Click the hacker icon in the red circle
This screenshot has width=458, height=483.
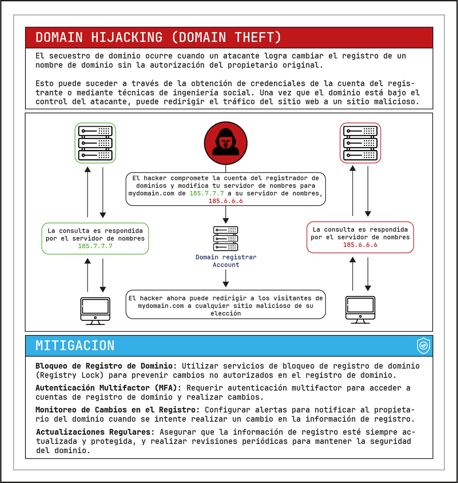[x=226, y=143]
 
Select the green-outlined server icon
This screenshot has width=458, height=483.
[x=95, y=143]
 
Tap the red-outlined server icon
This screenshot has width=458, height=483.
[x=360, y=143]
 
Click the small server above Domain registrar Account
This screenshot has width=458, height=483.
[x=226, y=239]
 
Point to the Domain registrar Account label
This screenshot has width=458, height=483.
[x=226, y=261]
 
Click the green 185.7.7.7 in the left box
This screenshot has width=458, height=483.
[x=95, y=246]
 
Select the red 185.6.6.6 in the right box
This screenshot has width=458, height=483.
[x=360, y=245]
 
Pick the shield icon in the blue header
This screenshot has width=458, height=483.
[x=423, y=346]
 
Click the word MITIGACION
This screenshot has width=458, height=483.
[x=75, y=346]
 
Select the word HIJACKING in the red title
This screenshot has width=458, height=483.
[x=127, y=37]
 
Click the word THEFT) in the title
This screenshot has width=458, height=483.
[x=258, y=37]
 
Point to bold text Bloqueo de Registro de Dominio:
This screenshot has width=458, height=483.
[x=106, y=366]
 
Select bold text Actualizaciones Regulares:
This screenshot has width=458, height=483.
[x=95, y=432]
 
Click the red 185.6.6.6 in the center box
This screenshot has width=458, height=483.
[x=226, y=201]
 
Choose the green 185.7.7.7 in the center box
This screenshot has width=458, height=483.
[x=207, y=194]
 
